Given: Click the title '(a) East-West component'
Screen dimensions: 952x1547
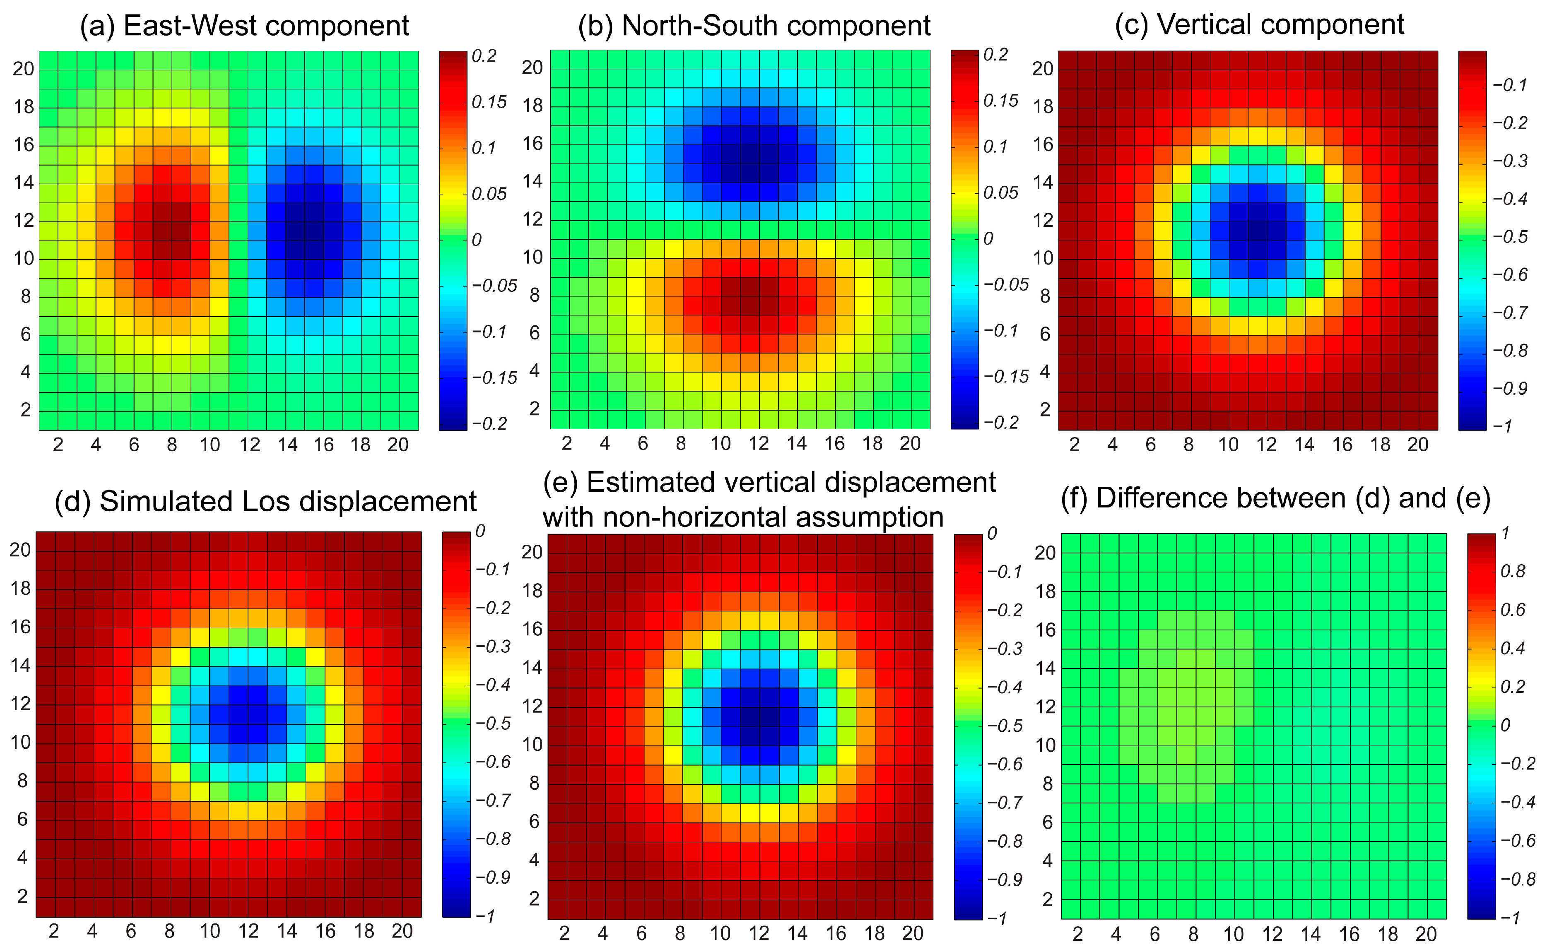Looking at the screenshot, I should point(244,26).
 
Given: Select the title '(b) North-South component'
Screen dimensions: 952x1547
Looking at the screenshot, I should point(754,26).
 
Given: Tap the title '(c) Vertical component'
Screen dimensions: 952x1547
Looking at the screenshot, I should point(1259,24).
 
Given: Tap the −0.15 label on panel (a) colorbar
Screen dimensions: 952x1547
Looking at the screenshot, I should point(494,378).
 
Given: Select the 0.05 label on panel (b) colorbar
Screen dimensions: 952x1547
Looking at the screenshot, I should point(1000,192).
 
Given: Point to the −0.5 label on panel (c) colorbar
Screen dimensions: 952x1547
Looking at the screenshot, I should point(1510,237).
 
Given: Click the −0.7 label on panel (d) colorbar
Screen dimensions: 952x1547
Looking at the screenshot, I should point(493,800).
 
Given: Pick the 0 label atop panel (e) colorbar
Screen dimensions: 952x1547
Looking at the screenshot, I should point(992,534).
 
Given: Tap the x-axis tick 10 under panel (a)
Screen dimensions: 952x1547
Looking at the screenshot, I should point(210,445).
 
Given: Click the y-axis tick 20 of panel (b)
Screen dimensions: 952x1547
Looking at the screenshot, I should point(532,67).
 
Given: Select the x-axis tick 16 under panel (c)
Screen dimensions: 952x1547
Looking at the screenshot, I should point(1342,445).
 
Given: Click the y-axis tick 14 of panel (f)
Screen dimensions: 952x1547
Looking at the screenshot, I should point(1046,668).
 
